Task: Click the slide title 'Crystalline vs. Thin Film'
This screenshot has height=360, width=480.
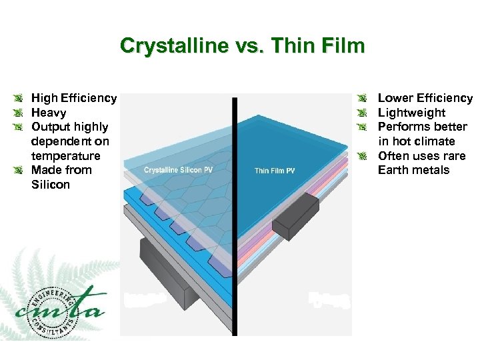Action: click(x=243, y=46)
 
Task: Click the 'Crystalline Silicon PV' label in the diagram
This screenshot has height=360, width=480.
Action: click(x=178, y=170)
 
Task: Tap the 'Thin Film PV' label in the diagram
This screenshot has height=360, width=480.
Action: click(x=275, y=171)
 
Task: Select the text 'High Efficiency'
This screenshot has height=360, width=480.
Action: click(x=74, y=98)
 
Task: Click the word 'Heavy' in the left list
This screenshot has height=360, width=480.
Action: click(x=49, y=113)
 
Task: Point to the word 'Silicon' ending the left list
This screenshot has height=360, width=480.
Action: click(x=51, y=185)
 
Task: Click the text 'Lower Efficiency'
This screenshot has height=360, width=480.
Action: click(x=425, y=98)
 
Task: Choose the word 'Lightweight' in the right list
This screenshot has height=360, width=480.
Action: click(x=411, y=113)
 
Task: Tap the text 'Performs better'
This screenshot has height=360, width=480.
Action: click(x=423, y=127)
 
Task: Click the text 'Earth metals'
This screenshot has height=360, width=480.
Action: click(x=413, y=170)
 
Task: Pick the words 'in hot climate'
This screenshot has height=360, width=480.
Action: click(x=416, y=141)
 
